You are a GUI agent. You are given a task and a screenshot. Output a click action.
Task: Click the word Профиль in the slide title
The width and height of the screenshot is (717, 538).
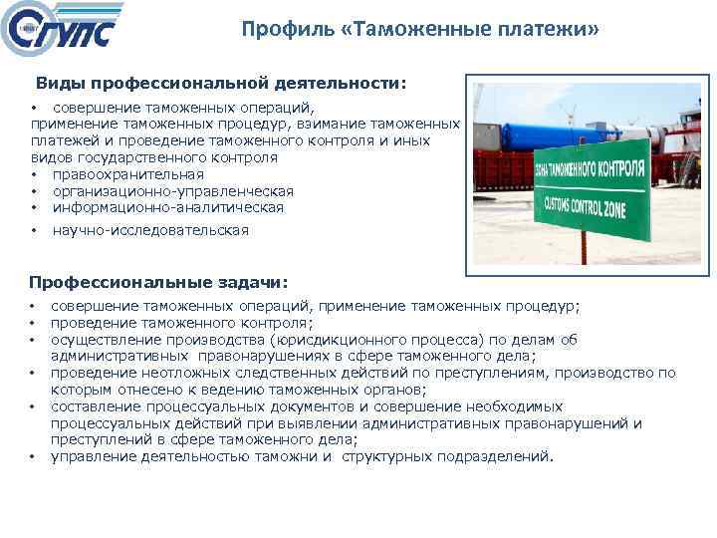[283, 31]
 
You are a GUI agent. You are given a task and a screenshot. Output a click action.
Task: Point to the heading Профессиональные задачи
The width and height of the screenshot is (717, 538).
[157, 283]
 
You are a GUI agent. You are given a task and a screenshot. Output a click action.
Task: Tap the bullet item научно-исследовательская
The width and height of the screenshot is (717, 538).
[150, 230]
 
